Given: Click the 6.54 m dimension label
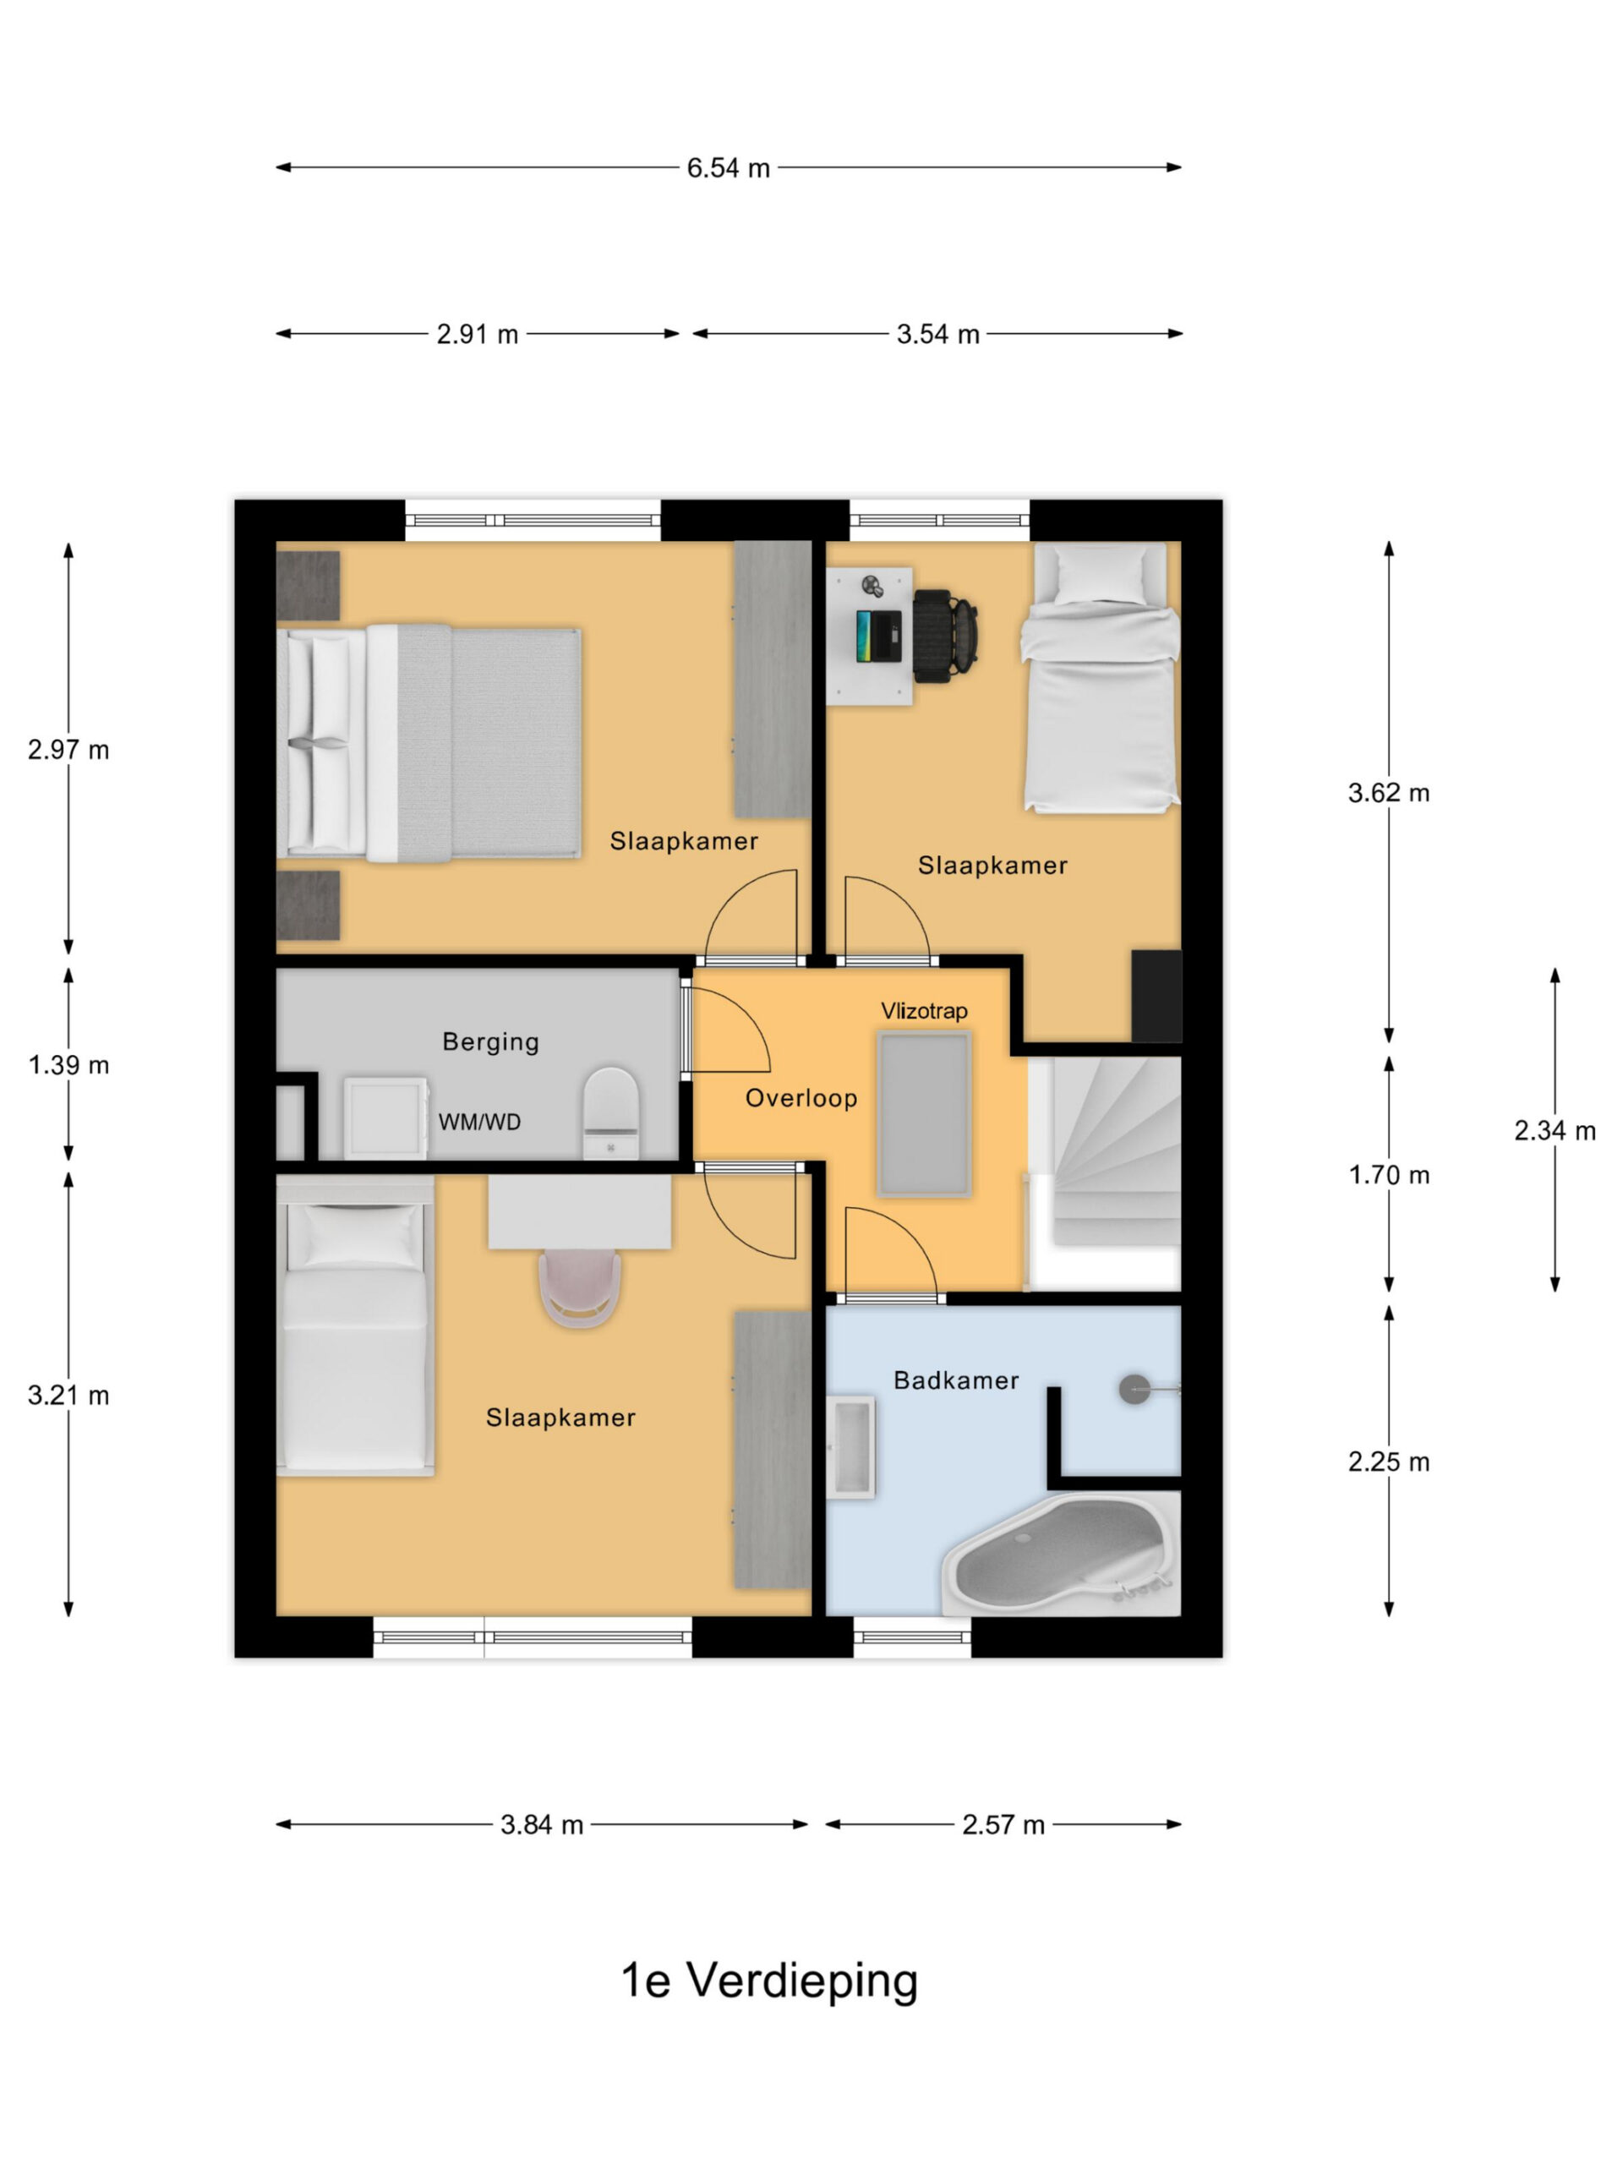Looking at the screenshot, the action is tap(728, 168).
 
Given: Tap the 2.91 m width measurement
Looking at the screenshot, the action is tap(478, 335).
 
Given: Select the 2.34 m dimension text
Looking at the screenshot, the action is tap(1555, 1131).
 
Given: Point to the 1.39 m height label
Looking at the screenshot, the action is tap(68, 1064).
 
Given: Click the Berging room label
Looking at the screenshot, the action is tap(490, 1042).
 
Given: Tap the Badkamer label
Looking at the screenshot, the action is tap(956, 1380).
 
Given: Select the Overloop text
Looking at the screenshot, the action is tap(801, 1099).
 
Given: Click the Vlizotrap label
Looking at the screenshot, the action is tap(924, 1011).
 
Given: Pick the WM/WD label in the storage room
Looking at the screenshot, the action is tap(479, 1122).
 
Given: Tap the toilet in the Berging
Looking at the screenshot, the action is tap(611, 1112).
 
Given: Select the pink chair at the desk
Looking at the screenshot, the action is tap(580, 1288).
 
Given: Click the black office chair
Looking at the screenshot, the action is tap(945, 635).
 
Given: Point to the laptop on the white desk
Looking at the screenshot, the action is tap(878, 636).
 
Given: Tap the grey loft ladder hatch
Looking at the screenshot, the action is tap(925, 1114).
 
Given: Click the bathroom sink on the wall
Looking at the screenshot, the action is tap(850, 1447).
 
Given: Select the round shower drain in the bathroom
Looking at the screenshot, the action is tap(1134, 1389).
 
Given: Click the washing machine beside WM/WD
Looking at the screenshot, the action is tap(385, 1118).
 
